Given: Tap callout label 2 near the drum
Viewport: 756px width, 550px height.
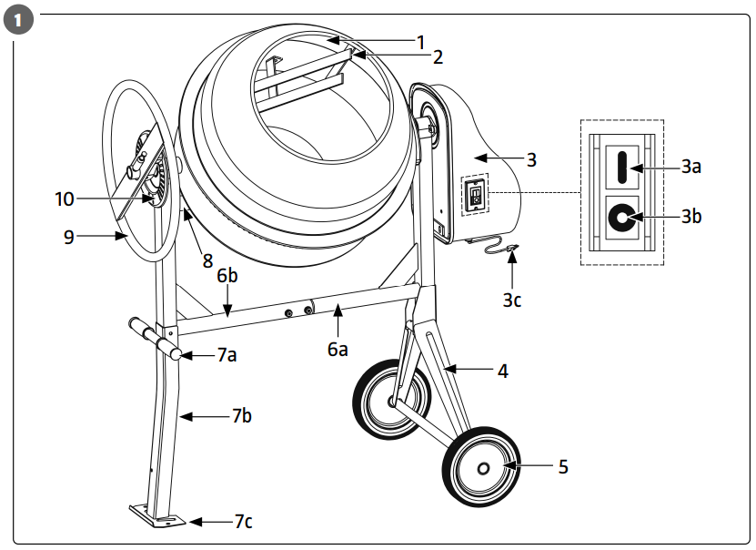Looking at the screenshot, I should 438,56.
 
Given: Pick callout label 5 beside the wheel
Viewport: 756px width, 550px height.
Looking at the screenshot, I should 562,466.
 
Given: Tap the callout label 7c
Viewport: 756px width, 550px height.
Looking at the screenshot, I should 243,522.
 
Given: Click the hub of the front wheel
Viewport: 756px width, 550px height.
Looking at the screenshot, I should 482,468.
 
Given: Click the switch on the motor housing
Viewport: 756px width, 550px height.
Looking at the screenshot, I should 474,194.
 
